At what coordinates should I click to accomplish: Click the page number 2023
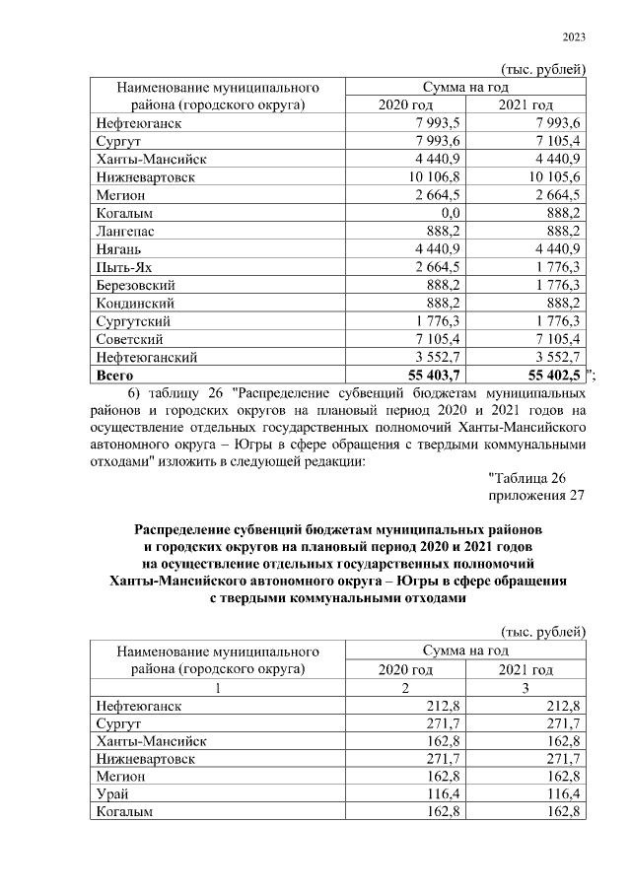click(x=574, y=37)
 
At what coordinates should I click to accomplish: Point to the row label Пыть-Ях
click(x=122, y=266)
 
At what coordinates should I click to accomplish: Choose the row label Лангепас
click(x=125, y=231)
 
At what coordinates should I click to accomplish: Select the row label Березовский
click(x=136, y=285)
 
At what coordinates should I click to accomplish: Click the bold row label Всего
click(x=115, y=375)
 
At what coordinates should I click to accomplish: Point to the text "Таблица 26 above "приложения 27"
click(x=530, y=478)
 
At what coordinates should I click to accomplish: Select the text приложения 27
click(x=537, y=496)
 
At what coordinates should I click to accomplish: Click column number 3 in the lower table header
click(x=526, y=687)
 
